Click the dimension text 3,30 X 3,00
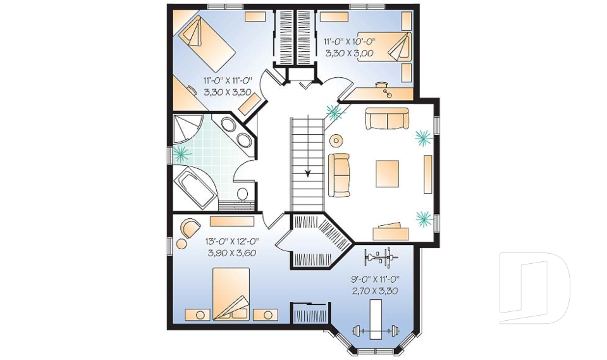tap(349, 54)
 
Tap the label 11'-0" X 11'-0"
tap(228, 80)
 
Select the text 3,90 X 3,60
tap(232, 253)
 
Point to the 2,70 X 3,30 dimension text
tap(375, 291)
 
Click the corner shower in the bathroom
tap(188, 132)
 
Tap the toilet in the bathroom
tap(243, 194)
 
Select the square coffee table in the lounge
tap(387, 173)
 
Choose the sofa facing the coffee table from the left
tap(339, 174)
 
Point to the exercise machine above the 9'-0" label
tap(379, 258)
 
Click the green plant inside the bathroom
tap(182, 152)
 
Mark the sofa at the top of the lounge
tap(386, 118)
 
